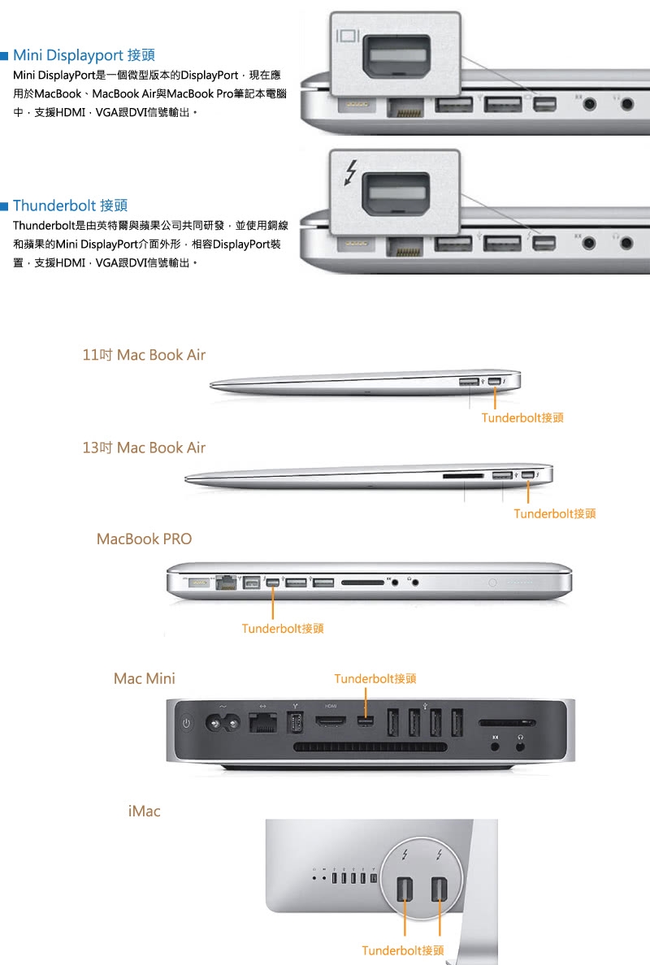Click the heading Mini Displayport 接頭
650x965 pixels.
tap(84, 55)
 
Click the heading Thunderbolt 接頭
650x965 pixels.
tap(70, 206)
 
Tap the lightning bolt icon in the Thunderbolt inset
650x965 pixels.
tap(350, 172)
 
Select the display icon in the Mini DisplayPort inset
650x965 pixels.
tap(348, 35)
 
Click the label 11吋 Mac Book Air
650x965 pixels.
tap(144, 355)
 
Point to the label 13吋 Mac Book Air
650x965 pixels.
tap(144, 448)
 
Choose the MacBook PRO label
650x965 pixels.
tap(144, 539)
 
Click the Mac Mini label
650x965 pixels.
tap(144, 678)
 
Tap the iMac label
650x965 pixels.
tap(144, 811)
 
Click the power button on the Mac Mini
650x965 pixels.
tap(187, 723)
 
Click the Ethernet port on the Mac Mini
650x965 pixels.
tap(262, 722)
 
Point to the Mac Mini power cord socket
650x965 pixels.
tap(222, 723)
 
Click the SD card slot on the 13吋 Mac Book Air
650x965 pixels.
tap(463, 476)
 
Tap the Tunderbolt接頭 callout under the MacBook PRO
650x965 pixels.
tap(283, 629)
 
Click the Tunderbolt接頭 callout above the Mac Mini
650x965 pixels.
tap(375, 679)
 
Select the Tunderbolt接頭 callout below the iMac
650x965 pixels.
tap(402, 950)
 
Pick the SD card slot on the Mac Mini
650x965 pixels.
tap(506, 723)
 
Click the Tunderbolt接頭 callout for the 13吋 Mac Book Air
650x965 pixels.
tap(555, 513)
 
